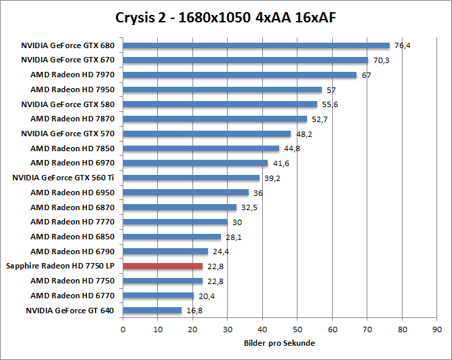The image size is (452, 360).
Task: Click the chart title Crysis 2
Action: (225, 16)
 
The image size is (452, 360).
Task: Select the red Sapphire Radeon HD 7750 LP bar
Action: (163, 266)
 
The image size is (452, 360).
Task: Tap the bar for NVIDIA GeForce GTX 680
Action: (256, 45)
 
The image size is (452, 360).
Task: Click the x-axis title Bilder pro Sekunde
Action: (279, 343)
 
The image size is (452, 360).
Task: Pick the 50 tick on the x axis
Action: (297, 329)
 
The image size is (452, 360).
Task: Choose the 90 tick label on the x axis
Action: (437, 329)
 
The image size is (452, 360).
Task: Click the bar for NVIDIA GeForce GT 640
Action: (152, 311)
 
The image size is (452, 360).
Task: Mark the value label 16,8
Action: (194, 311)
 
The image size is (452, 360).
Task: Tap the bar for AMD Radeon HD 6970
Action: (195, 163)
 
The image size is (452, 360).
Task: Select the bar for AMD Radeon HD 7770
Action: (176, 222)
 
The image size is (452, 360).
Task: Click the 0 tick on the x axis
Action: (123, 329)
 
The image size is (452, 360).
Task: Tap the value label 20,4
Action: (206, 296)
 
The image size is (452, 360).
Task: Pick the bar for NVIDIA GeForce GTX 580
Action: (220, 104)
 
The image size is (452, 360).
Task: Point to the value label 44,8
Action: (292, 148)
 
